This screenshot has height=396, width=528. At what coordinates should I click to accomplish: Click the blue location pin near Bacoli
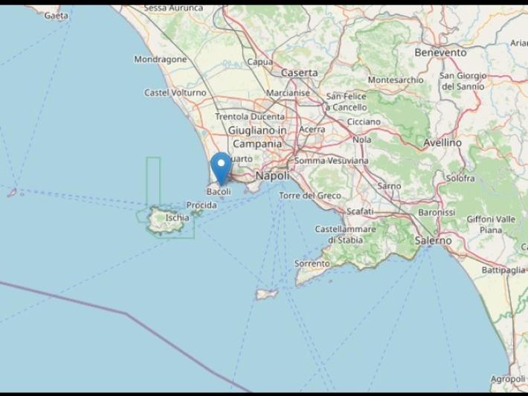tap(221, 166)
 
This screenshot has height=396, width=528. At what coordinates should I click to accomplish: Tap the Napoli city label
tap(271, 176)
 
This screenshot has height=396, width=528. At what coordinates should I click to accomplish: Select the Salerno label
tap(433, 240)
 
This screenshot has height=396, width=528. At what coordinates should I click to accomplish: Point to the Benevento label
tap(441, 53)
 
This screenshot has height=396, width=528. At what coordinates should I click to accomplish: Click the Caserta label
tap(299, 73)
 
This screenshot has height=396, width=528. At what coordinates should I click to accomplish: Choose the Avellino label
tap(442, 142)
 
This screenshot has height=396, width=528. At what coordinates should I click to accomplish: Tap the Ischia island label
tap(177, 217)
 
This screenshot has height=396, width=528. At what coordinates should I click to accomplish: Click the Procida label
tap(202, 205)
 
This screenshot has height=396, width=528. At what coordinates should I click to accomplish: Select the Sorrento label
tap(312, 264)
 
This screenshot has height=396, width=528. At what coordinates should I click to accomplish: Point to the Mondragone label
tap(161, 59)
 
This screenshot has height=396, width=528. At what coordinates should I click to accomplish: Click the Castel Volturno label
tap(176, 93)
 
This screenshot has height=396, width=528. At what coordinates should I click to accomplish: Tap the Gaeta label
tap(57, 15)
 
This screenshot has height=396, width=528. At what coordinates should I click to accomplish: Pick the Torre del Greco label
tap(310, 195)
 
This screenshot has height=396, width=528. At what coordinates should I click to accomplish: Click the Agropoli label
tap(508, 379)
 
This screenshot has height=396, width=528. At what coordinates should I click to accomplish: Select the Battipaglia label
tap(503, 269)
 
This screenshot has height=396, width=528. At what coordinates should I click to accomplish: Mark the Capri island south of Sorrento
tap(266, 294)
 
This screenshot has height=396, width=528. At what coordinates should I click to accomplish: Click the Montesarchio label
tap(396, 80)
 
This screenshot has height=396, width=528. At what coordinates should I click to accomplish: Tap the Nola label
tap(362, 139)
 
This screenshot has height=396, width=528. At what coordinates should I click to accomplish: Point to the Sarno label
tap(389, 185)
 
